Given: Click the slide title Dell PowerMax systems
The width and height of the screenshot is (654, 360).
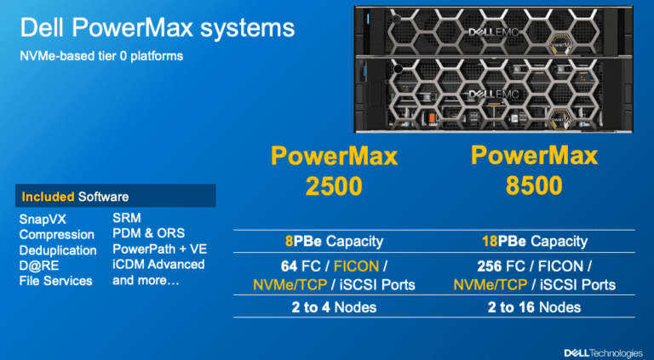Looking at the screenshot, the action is [x=158, y=28].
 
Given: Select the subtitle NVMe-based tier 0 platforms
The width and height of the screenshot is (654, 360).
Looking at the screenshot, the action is [x=101, y=56].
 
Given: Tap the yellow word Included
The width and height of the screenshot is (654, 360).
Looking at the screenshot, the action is [x=48, y=197].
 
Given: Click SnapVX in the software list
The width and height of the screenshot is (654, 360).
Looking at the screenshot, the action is [x=43, y=220].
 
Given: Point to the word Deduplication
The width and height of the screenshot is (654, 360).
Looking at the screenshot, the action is [x=58, y=250].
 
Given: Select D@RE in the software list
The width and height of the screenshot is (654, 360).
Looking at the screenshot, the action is [x=39, y=266].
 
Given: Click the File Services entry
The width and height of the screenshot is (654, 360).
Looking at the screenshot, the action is [x=56, y=281].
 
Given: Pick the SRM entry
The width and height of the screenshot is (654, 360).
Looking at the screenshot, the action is [x=127, y=218].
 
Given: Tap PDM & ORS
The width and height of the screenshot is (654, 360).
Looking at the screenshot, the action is [x=148, y=233].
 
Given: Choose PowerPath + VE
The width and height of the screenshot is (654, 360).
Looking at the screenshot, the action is [x=160, y=249].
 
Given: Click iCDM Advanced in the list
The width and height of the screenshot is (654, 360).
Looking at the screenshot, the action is [x=158, y=265].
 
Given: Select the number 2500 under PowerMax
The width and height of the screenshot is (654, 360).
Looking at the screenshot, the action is [x=334, y=186].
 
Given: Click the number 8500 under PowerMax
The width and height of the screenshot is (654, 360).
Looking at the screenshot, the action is [x=534, y=186].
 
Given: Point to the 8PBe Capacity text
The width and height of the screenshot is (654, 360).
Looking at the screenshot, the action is [x=334, y=241].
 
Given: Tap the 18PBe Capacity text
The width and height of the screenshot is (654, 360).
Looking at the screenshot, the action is [x=535, y=241].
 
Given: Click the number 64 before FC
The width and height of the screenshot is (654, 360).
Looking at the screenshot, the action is [x=289, y=266].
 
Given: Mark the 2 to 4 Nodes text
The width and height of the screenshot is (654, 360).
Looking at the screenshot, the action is [x=334, y=307].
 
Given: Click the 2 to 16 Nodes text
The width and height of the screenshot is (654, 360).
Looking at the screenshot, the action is [x=534, y=307].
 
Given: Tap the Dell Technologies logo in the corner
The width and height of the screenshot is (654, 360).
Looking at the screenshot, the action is [x=603, y=353].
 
